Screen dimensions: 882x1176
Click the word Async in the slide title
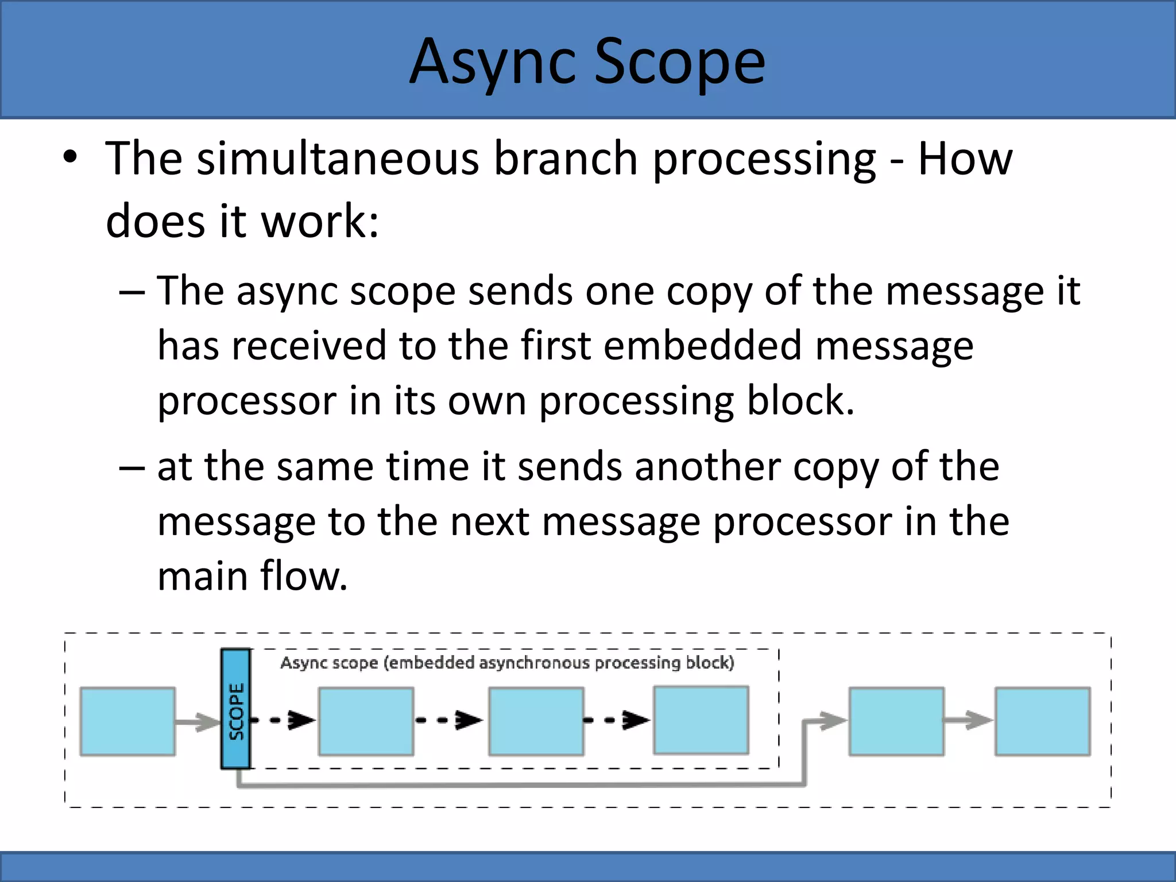point(493,62)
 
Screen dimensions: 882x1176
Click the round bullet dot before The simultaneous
point(70,158)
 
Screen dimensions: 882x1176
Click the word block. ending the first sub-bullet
point(800,401)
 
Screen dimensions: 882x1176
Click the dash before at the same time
point(132,467)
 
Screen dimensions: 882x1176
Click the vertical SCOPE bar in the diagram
point(236,709)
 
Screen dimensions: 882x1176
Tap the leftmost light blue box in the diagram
point(127,721)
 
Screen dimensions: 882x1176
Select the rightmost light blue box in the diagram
point(1042,721)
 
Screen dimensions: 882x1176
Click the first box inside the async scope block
point(366,721)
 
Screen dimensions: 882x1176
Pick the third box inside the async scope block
point(701,720)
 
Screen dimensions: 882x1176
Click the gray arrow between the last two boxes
point(969,720)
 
